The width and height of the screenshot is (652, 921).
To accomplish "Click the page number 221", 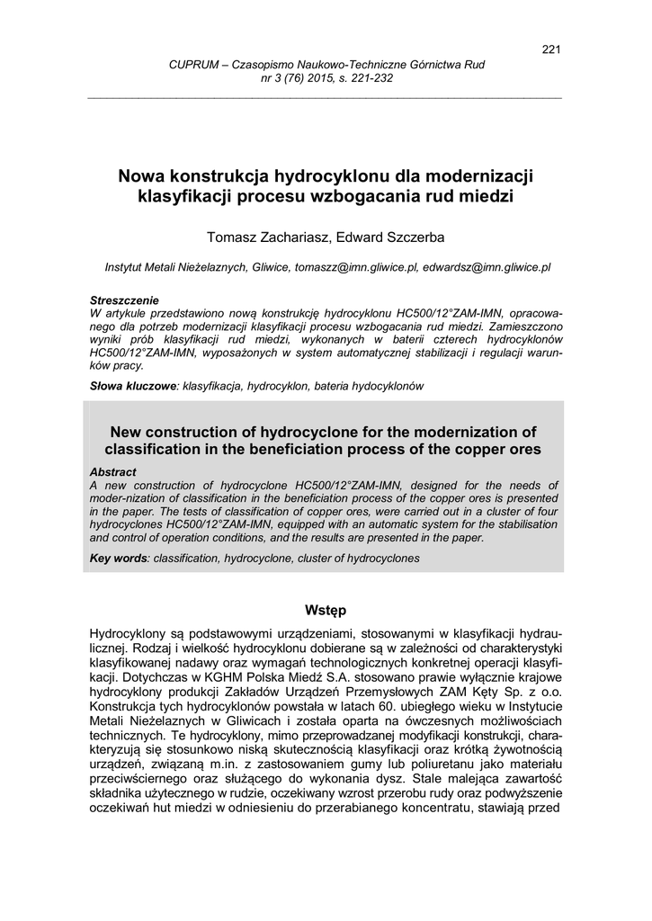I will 550,49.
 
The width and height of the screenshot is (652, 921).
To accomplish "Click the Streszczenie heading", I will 124,300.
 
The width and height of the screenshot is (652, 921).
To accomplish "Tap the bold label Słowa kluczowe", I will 133,385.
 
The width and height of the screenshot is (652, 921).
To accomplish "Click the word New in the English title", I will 128,433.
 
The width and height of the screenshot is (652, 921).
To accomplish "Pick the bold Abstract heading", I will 113,472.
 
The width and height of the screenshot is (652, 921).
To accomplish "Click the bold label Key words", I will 120,559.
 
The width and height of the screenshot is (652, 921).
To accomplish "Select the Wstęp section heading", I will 326,610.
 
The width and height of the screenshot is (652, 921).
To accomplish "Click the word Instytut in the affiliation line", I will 128,267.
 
